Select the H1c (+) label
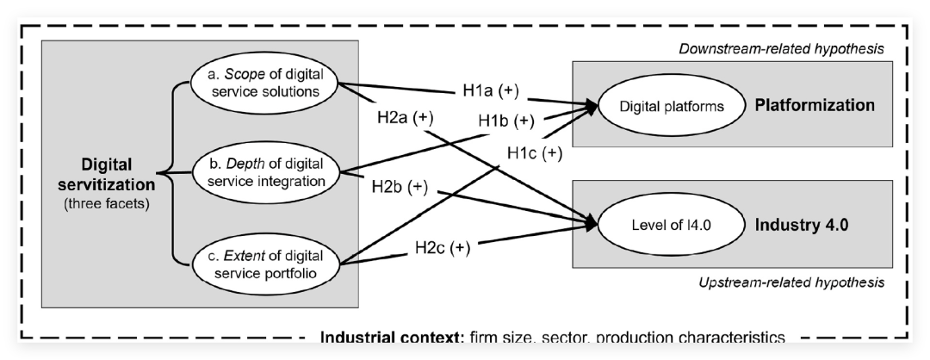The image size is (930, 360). [534, 153]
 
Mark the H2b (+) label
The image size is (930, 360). [400, 186]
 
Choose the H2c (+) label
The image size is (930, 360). [443, 248]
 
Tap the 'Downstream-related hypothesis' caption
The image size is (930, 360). [782, 48]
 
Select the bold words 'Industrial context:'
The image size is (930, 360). [391, 338]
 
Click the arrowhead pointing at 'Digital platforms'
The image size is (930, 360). [593, 106]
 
